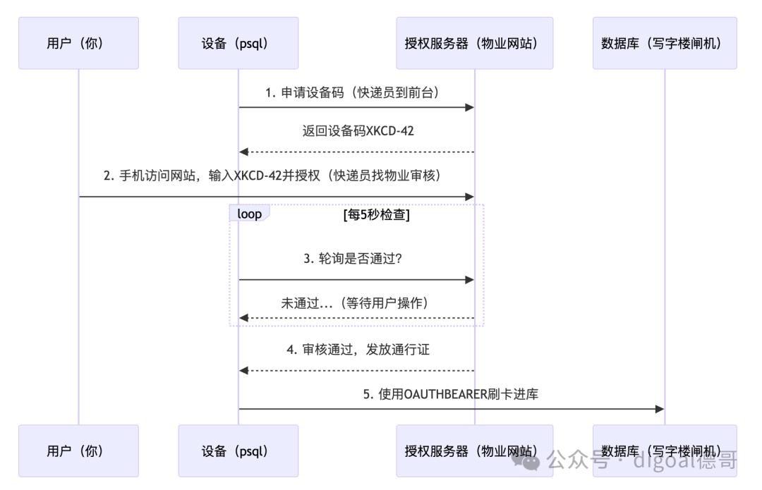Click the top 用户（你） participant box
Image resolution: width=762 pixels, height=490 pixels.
tap(79, 43)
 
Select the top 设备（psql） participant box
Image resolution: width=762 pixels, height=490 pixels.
tap(238, 43)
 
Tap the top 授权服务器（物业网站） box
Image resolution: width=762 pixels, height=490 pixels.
tap(475, 43)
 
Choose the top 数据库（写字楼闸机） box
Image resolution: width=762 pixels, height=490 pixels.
tap(665, 43)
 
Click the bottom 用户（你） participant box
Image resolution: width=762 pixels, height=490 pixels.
tap(79, 451)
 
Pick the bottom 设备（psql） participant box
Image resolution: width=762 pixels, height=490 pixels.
tap(238, 451)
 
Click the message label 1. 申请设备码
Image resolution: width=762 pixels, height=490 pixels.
tap(304, 92)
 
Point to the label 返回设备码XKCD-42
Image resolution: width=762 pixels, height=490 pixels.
tap(358, 130)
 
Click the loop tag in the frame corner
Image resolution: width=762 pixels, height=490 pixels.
tap(249, 213)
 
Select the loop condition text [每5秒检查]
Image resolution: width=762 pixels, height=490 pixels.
tap(377, 214)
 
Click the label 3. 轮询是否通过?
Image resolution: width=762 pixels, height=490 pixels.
tap(353, 258)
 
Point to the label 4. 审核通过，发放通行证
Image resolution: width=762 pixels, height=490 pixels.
tap(358, 349)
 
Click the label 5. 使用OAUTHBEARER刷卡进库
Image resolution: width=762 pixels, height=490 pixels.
tap(450, 394)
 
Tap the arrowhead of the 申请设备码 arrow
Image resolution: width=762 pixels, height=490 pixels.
tap(469, 107)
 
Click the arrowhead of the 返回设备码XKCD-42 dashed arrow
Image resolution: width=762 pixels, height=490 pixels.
tap(243, 152)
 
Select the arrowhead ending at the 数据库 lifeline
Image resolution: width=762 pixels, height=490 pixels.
tap(660, 409)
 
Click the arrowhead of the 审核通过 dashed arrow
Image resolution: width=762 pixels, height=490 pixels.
tap(243, 371)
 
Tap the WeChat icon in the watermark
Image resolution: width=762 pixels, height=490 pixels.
tap(526, 460)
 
